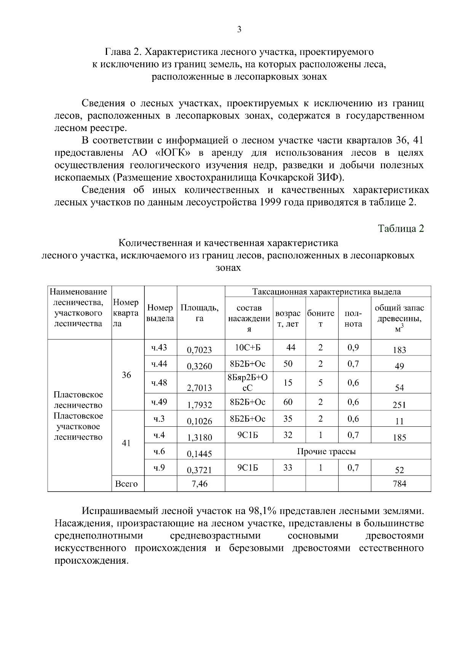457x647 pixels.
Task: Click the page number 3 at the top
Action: [239, 30]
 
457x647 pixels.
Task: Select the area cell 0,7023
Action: [199, 350]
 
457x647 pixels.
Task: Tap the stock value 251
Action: [399, 405]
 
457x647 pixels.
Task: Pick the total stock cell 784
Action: [399, 484]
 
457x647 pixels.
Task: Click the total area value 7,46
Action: [199, 484]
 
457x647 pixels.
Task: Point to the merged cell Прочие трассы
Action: [326, 452]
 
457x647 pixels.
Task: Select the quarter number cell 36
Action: [126, 375]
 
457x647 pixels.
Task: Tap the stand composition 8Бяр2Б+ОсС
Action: [248, 383]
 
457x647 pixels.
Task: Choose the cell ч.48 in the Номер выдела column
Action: [159, 383]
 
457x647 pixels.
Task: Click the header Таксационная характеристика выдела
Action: [326, 292]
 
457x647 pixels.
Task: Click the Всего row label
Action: [126, 484]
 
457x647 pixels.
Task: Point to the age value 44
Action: [291, 347]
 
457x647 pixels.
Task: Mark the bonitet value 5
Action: [321, 383]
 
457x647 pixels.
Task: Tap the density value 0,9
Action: [353, 347]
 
